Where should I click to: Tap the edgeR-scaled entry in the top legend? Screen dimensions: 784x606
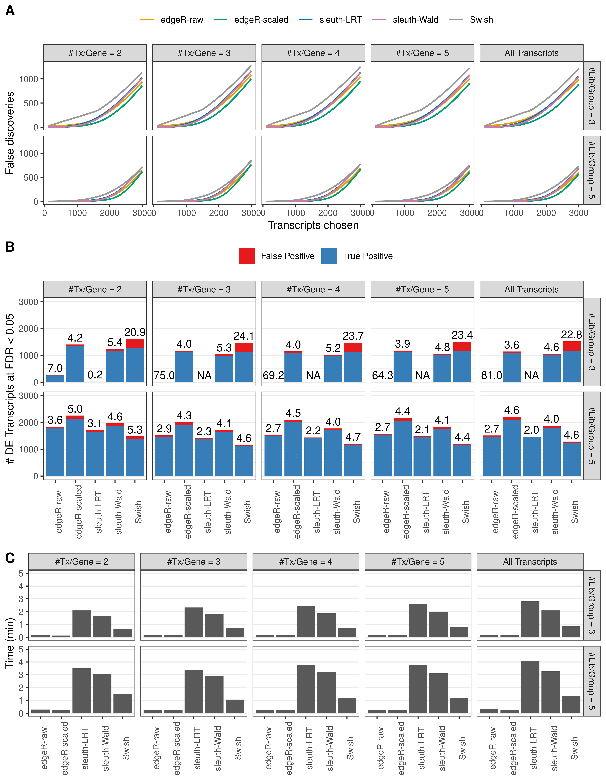[x=261, y=20]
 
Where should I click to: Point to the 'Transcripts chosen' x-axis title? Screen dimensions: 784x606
[x=313, y=225]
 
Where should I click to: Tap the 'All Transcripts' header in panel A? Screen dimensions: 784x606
[x=531, y=53]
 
